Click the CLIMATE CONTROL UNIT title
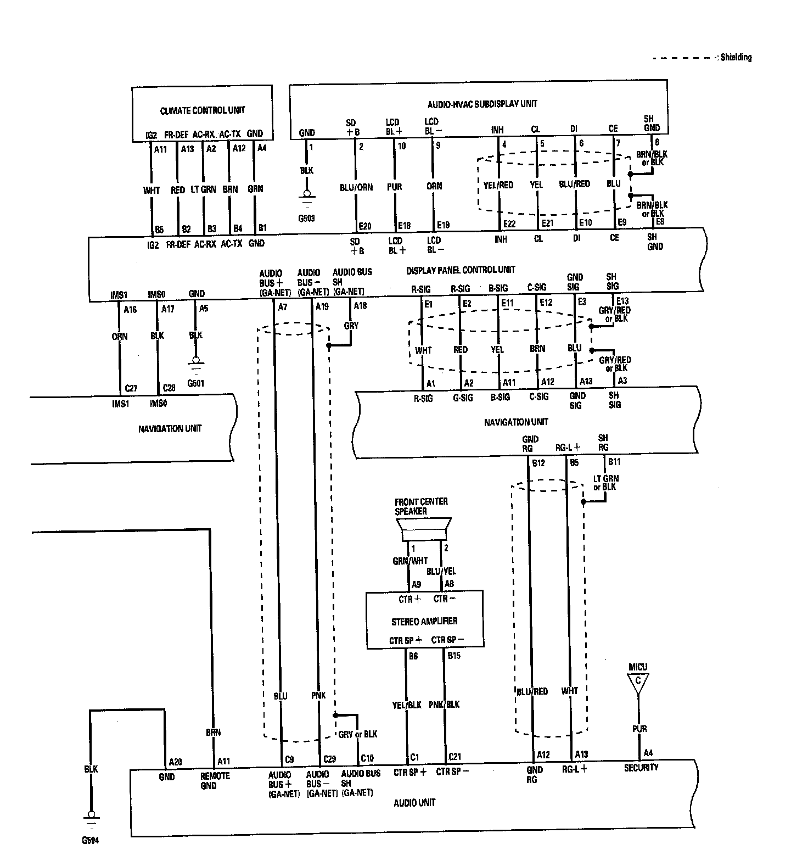[x=202, y=110]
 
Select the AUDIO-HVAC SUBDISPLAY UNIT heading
[x=482, y=104]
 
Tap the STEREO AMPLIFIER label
[x=424, y=621]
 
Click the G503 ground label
[x=307, y=219]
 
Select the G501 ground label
[x=195, y=383]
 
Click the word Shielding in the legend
[x=736, y=57]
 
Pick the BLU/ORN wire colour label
[x=356, y=187]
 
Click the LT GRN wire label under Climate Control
[x=203, y=189]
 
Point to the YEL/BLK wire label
[x=407, y=705]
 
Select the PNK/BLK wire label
[x=444, y=705]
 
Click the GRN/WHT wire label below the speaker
[x=410, y=561]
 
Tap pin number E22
[x=509, y=223]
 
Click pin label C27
[x=131, y=388]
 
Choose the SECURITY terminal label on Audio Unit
[x=641, y=768]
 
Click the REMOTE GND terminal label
[x=215, y=780]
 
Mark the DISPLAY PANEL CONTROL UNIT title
[x=461, y=270]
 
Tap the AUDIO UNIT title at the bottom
[x=414, y=802]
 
